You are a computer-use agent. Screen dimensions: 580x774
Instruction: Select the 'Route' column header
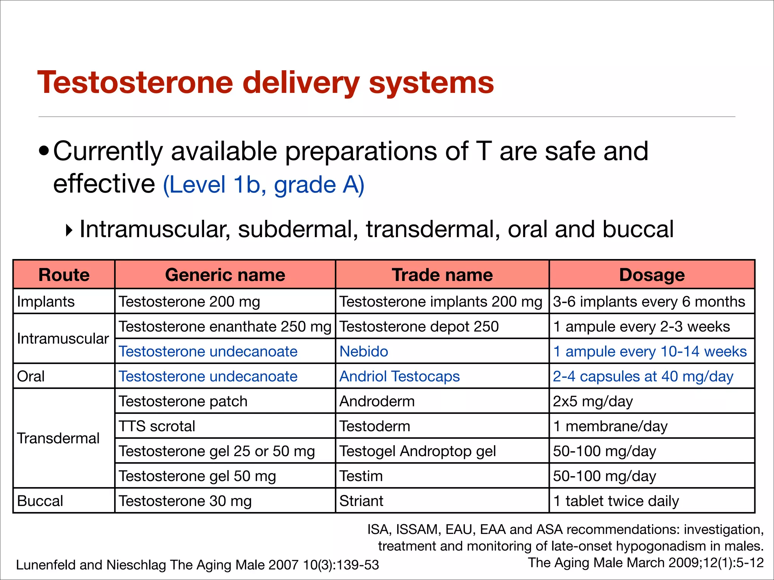[64, 275]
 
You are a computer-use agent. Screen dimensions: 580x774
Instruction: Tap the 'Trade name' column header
[442, 275]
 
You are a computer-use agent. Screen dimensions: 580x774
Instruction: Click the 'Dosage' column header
[652, 275]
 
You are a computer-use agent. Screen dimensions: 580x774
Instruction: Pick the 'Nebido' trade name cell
[364, 352]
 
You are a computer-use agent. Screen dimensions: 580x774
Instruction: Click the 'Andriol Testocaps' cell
[399, 376]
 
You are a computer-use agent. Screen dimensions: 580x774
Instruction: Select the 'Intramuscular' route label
[63, 339]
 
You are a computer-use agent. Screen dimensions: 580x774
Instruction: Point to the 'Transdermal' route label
[58, 438]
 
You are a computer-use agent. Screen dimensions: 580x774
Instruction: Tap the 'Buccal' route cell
[40, 501]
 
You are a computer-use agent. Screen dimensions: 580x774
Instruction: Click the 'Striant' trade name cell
[361, 501]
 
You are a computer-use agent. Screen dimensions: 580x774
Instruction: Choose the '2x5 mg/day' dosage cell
[593, 401]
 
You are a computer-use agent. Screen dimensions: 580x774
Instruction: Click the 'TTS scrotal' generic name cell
[157, 426]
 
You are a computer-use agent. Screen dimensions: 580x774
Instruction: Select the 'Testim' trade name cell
[361, 476]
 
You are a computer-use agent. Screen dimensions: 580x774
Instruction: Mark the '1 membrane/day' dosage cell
[610, 426]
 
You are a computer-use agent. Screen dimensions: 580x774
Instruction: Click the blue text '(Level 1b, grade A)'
[263, 185]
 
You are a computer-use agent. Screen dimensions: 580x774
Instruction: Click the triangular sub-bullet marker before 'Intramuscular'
[69, 230]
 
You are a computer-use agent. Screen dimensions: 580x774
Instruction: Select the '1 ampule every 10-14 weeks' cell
[650, 352]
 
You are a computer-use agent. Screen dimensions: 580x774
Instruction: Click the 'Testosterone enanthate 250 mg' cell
[225, 327]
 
